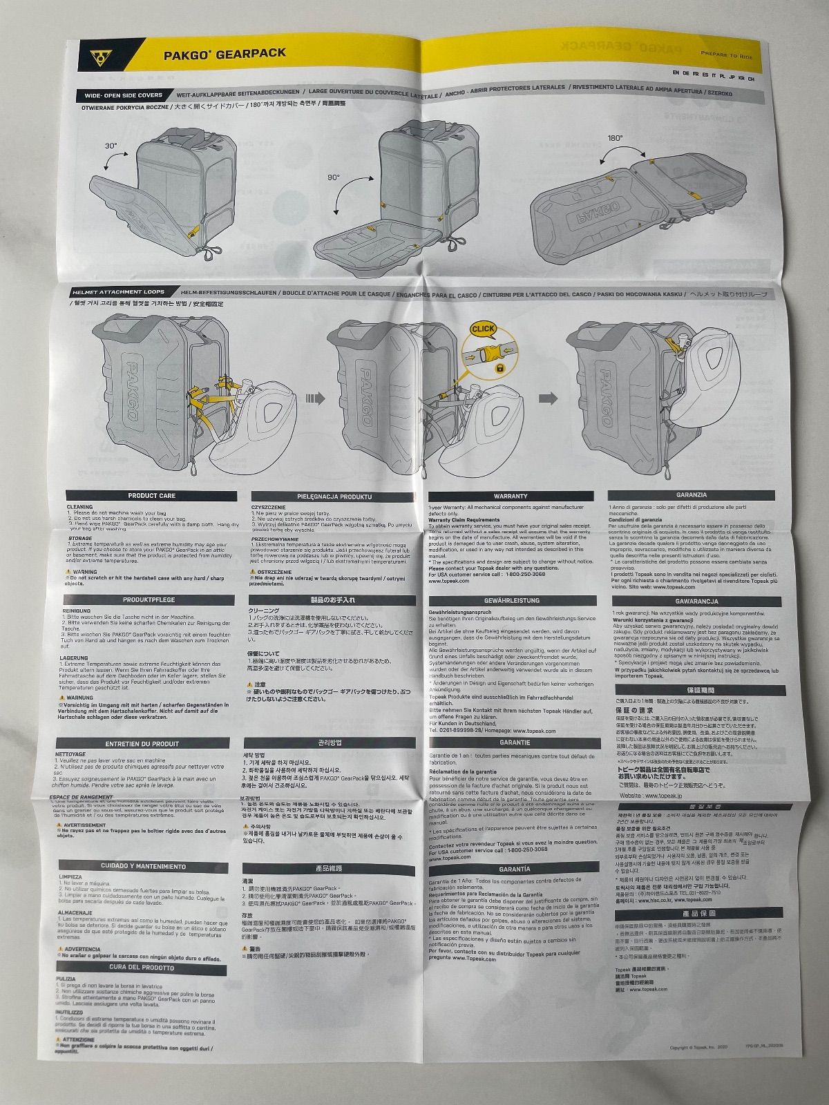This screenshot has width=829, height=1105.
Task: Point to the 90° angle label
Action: click(334, 177)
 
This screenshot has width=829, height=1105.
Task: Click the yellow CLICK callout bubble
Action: click(483, 329)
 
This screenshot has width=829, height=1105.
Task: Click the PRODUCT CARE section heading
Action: click(151, 496)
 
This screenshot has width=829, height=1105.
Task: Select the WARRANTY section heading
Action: click(511, 496)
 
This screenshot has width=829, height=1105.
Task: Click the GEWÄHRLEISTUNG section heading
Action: click(511, 601)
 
